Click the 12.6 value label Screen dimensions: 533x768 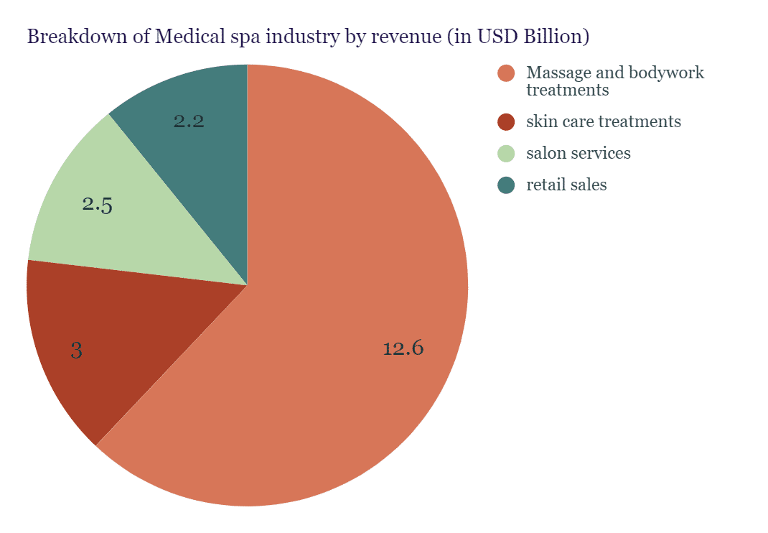click(403, 349)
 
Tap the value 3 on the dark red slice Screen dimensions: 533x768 click(76, 351)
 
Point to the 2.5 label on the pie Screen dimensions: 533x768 click(97, 205)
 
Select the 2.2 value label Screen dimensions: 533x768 click(189, 121)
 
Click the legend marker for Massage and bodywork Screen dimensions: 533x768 click(506, 73)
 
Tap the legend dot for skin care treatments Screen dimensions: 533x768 click(506, 122)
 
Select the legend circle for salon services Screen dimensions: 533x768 click(506, 154)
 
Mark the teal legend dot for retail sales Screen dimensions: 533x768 click(506, 185)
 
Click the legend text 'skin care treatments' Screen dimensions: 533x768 click(603, 122)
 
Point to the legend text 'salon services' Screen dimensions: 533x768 click(578, 154)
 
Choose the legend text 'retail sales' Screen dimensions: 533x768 click(566, 185)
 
